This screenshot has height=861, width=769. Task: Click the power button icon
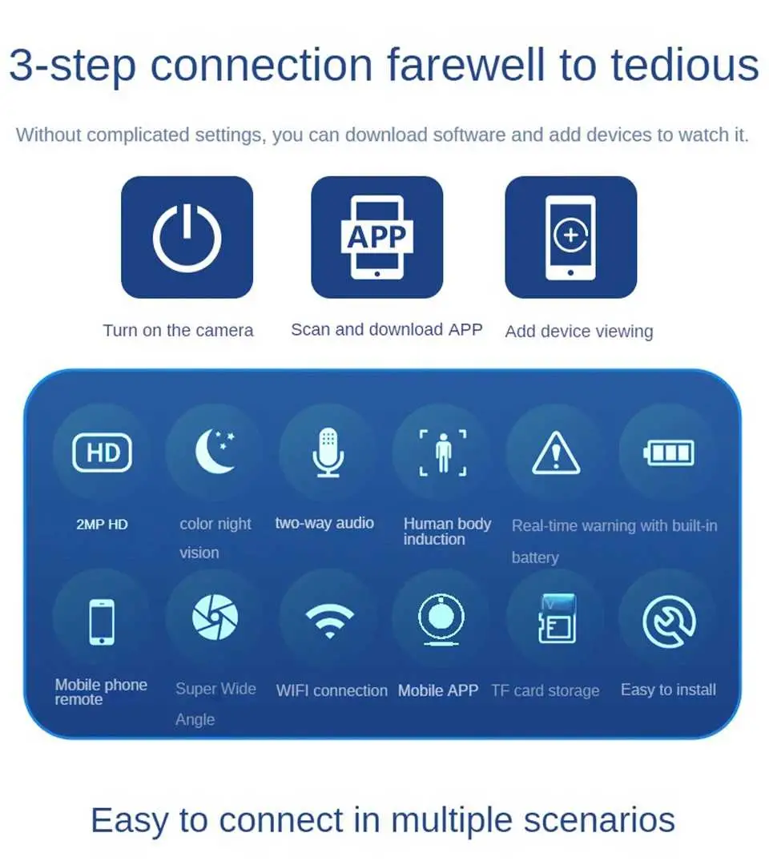[x=187, y=237]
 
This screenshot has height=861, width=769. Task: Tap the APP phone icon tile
[x=376, y=237]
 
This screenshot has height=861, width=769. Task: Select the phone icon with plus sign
[x=570, y=237]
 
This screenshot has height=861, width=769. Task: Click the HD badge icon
[x=103, y=453]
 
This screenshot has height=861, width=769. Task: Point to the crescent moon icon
[x=215, y=451]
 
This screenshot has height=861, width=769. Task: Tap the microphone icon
[x=328, y=452]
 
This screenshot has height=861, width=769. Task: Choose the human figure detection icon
[x=443, y=453]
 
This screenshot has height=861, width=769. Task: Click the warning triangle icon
[x=556, y=453]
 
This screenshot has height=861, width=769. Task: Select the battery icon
[x=669, y=453]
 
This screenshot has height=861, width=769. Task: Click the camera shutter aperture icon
[x=215, y=617]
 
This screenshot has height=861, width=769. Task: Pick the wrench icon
[x=669, y=622]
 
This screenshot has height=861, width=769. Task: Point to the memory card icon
[x=558, y=618]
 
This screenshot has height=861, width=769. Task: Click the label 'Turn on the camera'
[x=178, y=330]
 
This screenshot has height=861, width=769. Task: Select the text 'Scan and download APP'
[x=387, y=329]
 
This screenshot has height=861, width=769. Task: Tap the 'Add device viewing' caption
[x=579, y=331]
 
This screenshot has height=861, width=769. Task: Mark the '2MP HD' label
[x=103, y=525]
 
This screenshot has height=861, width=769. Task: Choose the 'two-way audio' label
[x=324, y=523]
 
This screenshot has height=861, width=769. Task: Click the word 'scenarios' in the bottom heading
[x=599, y=820]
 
